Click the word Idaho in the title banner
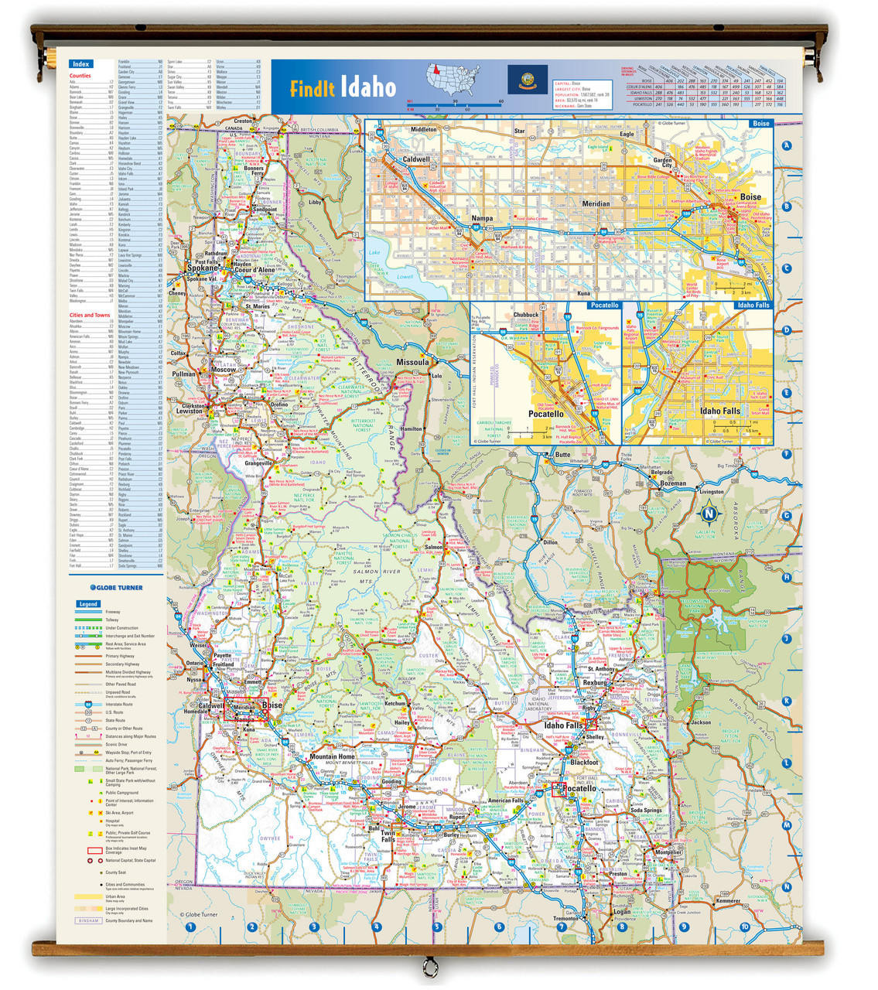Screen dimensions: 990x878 tap(368, 87)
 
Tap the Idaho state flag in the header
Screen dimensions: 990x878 tap(527, 78)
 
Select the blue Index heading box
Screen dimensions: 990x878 tap(80, 64)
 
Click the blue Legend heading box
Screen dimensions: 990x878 tap(88, 604)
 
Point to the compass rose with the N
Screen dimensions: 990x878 tap(709, 512)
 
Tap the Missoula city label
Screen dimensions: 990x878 tap(412, 362)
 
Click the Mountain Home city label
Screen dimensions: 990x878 tap(332, 756)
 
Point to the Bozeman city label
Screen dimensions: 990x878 tap(673, 483)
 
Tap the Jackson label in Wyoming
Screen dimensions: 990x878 tap(701, 722)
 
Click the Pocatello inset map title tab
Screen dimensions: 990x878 tap(604, 306)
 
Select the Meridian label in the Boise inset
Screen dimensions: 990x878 tap(596, 203)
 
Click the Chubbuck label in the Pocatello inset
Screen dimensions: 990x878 tap(526, 315)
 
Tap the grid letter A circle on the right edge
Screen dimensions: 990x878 tap(787, 145)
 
